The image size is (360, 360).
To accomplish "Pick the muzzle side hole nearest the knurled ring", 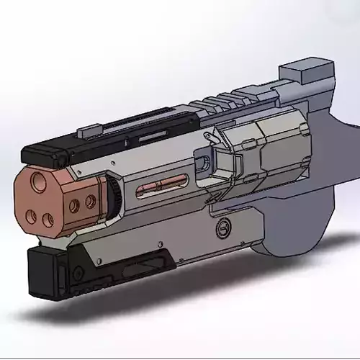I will [90, 203].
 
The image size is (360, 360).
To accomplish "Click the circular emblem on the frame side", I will [222, 228].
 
